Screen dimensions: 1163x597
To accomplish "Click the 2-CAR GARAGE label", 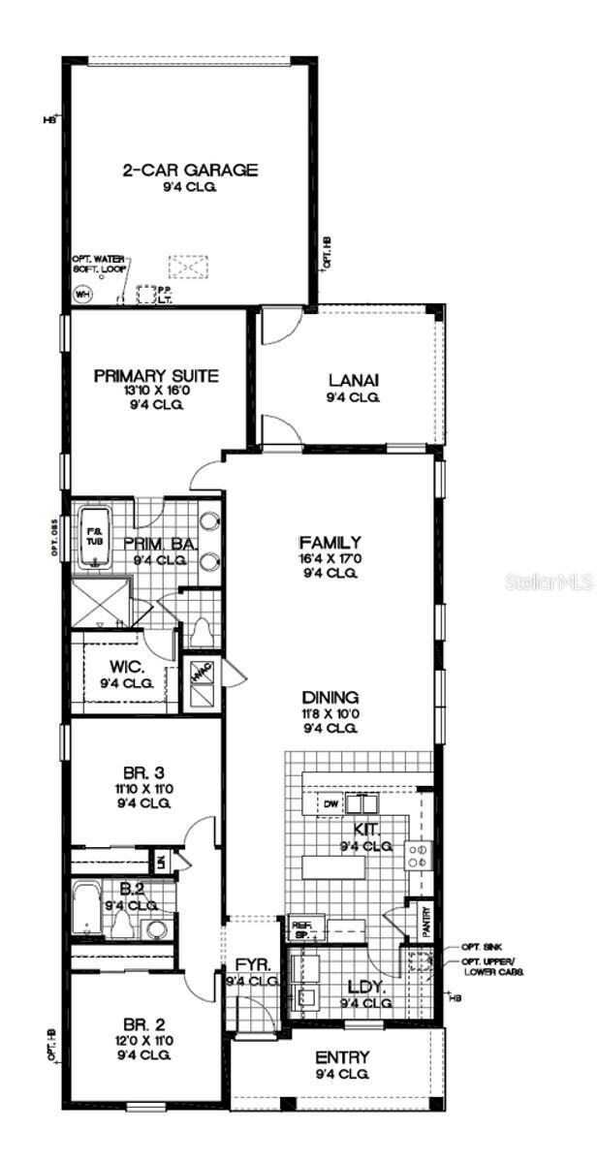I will (x=190, y=171).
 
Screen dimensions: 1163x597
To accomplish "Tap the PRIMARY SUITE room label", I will (x=156, y=376).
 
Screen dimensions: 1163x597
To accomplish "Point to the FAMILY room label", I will (x=330, y=543).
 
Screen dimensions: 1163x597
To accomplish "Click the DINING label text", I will (x=330, y=697).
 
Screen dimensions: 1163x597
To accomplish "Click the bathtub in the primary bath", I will (x=95, y=539).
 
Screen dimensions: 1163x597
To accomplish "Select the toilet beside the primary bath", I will (x=202, y=631).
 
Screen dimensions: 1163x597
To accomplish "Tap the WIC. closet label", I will (x=127, y=668).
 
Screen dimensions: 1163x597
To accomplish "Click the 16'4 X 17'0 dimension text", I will (x=330, y=558).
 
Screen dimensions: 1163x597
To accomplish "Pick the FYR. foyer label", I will (x=245, y=965).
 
